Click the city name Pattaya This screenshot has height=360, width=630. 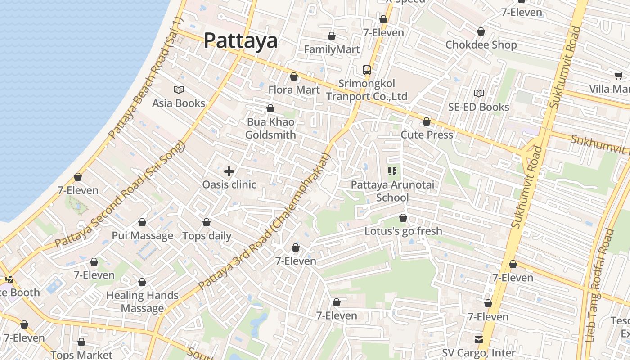(x=240, y=40)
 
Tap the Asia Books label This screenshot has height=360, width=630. (x=178, y=103)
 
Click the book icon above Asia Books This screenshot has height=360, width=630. (x=179, y=90)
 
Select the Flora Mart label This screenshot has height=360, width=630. (x=294, y=90)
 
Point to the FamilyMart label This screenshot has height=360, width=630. (x=332, y=49)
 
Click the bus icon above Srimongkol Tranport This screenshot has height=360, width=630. (x=367, y=70)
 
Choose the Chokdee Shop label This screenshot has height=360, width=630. (x=481, y=45)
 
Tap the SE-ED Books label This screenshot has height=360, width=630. (x=478, y=107)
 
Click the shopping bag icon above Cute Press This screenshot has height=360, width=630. (x=426, y=122)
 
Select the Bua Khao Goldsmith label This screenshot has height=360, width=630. (x=270, y=128)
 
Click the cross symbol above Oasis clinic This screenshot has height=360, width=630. (x=229, y=171)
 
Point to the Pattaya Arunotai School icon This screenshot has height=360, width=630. (x=392, y=171)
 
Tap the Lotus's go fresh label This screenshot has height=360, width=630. (x=403, y=231)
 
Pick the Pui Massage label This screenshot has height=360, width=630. (x=142, y=235)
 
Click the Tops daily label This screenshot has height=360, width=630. (x=207, y=235)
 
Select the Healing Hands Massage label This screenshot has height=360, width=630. (x=142, y=301)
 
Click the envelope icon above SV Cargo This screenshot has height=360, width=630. (x=478, y=339)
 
